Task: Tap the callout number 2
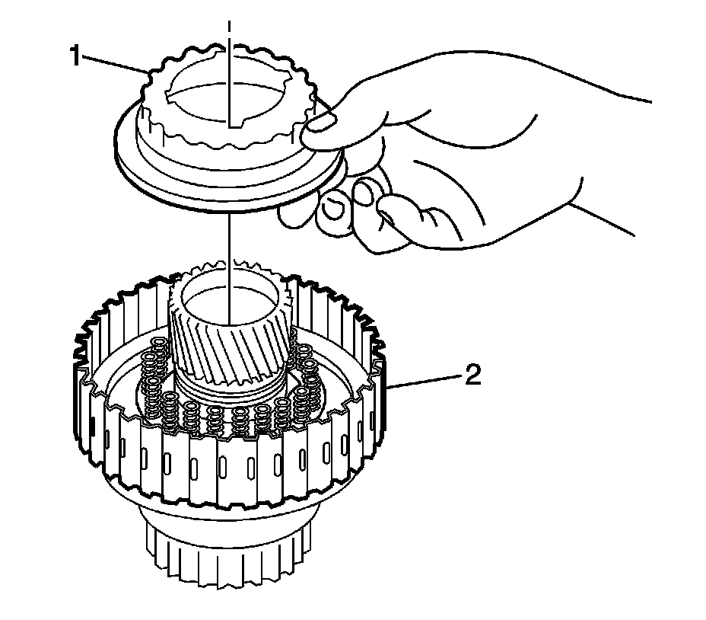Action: tap(472, 376)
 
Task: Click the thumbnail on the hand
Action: tap(324, 122)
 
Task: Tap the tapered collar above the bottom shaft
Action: tap(228, 514)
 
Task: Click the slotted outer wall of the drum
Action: tap(228, 472)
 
